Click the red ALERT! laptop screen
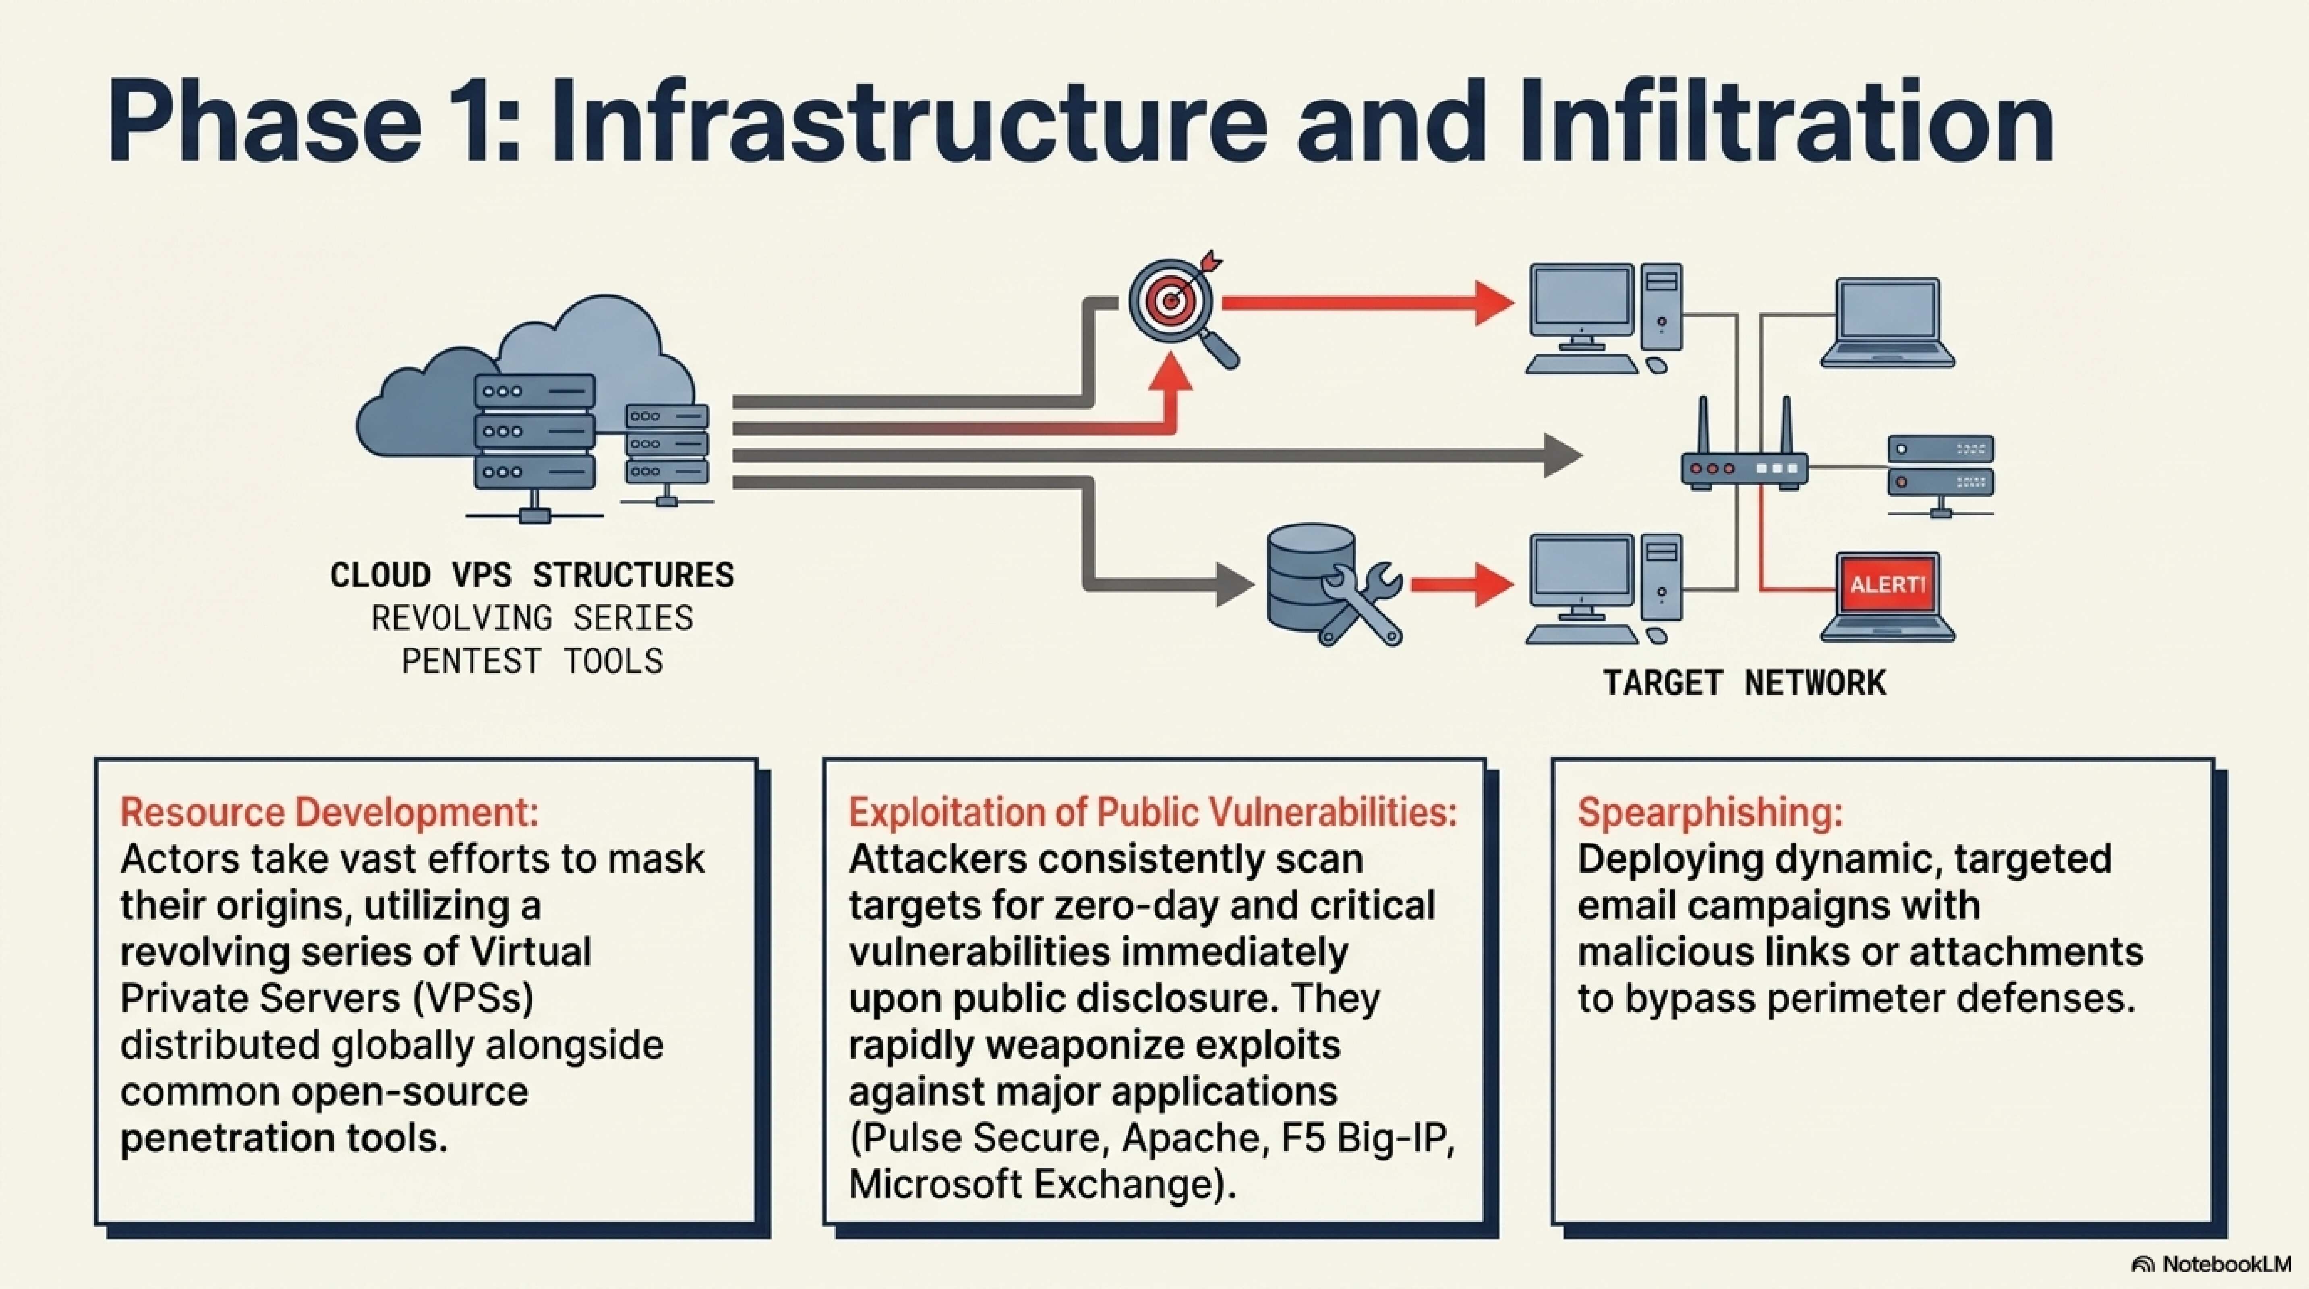click(1887, 584)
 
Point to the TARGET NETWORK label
click(1744, 683)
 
